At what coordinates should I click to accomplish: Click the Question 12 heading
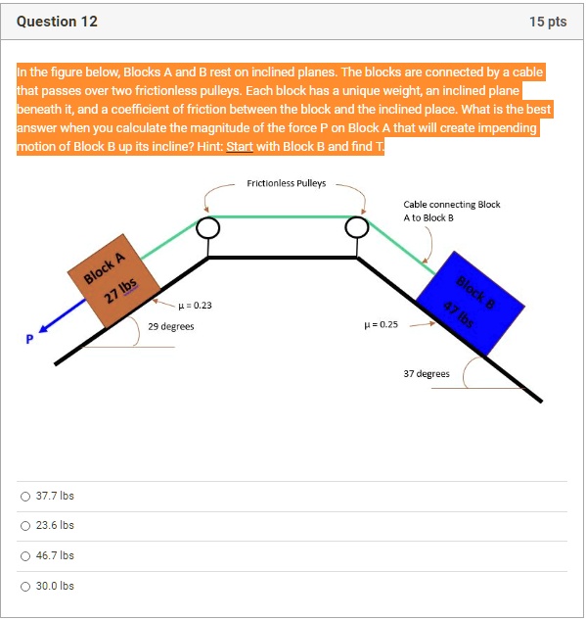point(57,22)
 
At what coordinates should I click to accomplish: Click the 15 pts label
point(548,22)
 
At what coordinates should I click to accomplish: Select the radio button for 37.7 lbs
point(25,497)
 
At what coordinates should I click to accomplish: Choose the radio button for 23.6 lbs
point(25,526)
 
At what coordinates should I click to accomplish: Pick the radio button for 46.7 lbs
point(25,555)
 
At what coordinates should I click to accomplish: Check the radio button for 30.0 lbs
point(25,586)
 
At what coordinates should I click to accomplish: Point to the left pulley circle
point(207,228)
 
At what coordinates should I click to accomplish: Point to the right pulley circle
point(357,228)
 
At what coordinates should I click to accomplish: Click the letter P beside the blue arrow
point(29,340)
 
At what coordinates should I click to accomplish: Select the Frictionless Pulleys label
point(286,183)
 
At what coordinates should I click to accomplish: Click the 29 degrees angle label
point(170,326)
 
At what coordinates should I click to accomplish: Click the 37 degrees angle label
point(427,373)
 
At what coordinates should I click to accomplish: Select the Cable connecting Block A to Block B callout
point(451,211)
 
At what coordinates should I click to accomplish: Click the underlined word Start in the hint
point(240,146)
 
